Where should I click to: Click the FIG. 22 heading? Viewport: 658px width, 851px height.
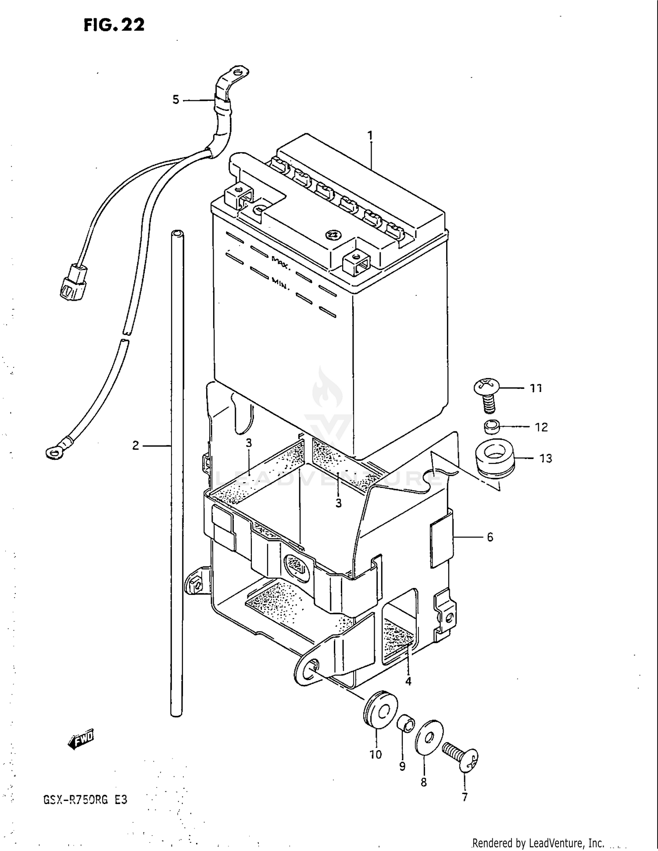[x=114, y=25]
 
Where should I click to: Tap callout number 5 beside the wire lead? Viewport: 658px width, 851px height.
[x=175, y=100]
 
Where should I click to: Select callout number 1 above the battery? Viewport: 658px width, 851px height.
[x=371, y=135]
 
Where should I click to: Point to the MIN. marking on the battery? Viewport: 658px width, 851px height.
[x=280, y=283]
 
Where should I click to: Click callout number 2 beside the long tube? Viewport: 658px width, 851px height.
[x=136, y=445]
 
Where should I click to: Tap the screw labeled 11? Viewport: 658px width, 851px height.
[x=487, y=395]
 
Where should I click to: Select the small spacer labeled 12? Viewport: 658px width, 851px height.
[x=492, y=427]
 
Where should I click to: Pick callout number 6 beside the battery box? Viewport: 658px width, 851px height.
[x=490, y=537]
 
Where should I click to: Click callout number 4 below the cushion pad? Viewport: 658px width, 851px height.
[x=408, y=681]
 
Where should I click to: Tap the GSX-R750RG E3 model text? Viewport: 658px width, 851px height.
[x=85, y=800]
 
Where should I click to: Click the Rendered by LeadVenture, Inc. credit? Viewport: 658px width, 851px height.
[x=538, y=843]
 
